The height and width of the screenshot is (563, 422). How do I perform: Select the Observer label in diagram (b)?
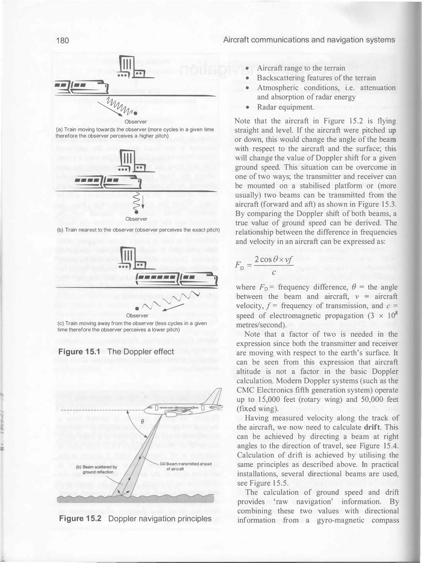[136, 219]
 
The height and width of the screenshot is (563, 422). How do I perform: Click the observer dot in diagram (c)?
[137, 309]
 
